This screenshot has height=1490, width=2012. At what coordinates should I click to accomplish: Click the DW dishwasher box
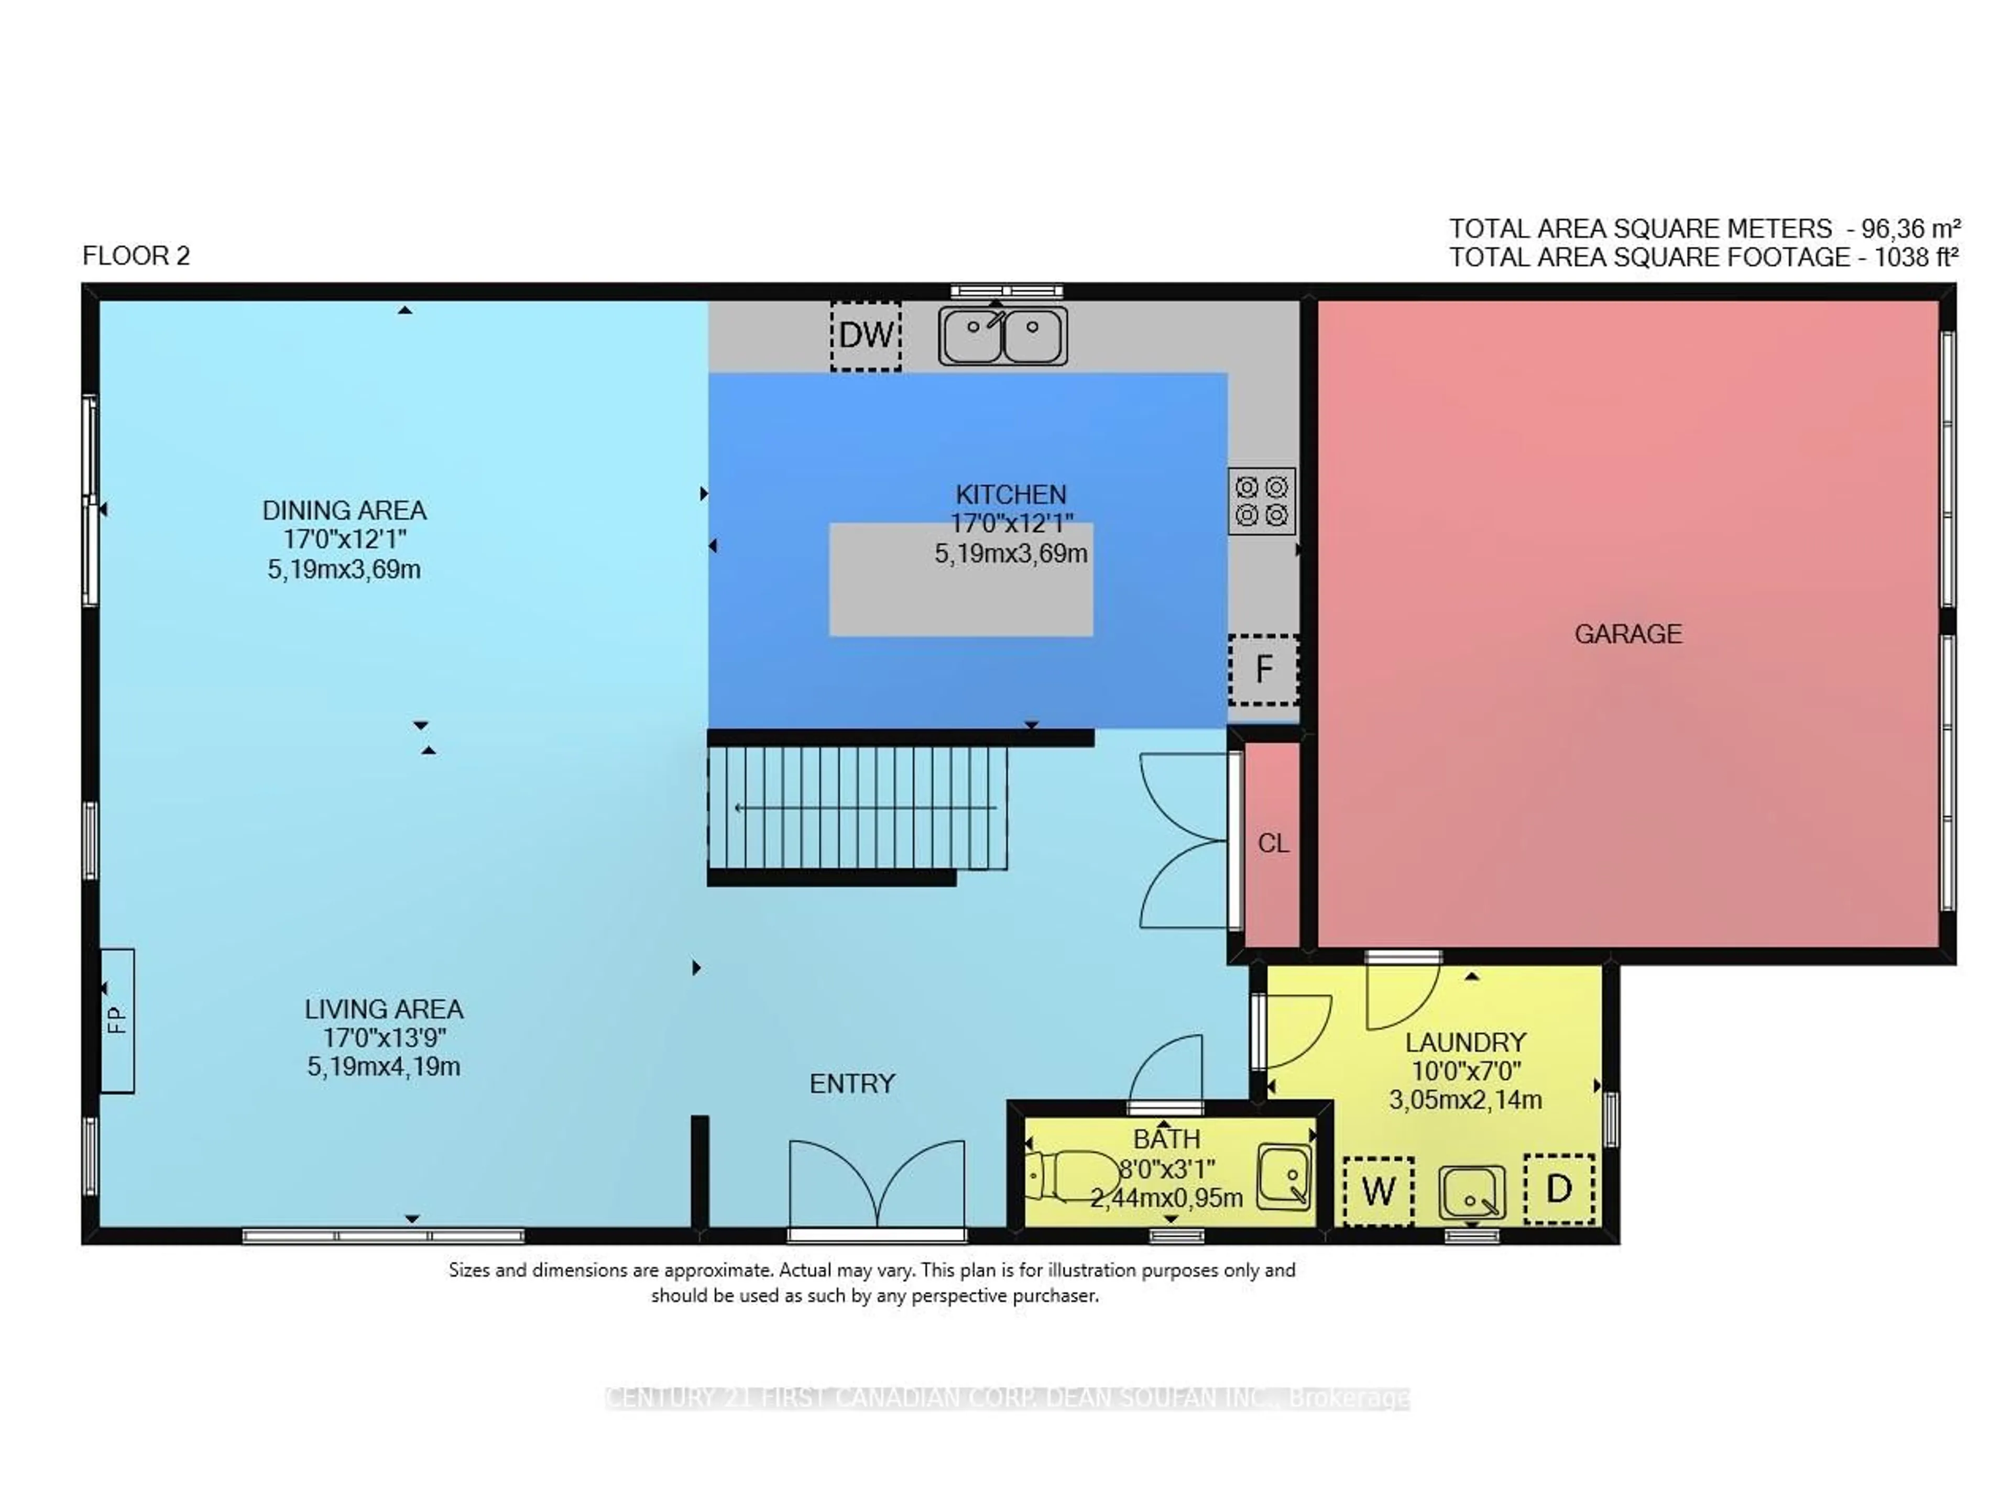click(x=865, y=336)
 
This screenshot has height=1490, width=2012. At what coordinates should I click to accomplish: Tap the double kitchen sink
click(x=1002, y=336)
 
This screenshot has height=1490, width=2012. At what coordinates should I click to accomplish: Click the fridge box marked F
click(x=1263, y=669)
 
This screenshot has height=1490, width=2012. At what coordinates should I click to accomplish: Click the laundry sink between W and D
click(x=1472, y=1193)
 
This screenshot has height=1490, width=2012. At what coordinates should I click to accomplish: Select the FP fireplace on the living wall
click(x=117, y=1020)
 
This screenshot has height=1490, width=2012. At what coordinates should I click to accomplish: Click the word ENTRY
click(x=852, y=1083)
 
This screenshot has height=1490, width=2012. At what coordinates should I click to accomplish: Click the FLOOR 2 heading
click(x=136, y=256)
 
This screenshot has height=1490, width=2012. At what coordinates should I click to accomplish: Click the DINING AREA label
click(x=344, y=511)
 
